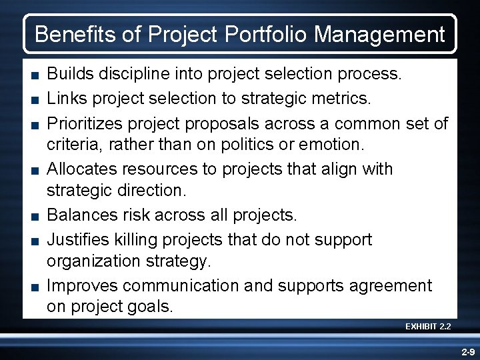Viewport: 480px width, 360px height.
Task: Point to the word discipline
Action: pyautogui.click(x=129, y=73)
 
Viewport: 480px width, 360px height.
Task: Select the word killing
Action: pyautogui.click(x=140, y=239)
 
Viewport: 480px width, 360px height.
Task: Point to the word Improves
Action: pyautogui.click(x=84, y=285)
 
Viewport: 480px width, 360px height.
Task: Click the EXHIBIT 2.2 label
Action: pyautogui.click(x=428, y=327)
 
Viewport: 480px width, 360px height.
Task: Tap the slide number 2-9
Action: pyautogui.click(x=466, y=351)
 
